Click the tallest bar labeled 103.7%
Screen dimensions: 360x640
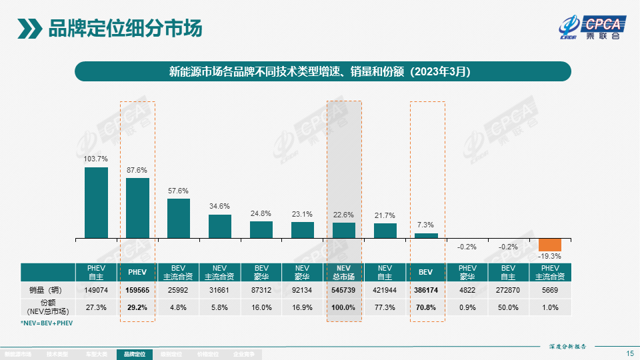pos(96,203)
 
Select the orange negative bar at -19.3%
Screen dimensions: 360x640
pos(550,245)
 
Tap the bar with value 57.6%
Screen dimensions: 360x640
pos(179,218)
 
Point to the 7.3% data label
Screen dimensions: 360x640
pos(426,225)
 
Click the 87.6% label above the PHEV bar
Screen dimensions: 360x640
pos(137,170)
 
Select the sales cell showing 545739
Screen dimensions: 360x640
pos(344,290)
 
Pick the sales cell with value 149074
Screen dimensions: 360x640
pos(96,290)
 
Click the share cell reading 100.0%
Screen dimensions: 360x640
pos(344,307)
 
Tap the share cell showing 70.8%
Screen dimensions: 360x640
pos(427,307)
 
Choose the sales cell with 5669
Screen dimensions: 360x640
pos(551,290)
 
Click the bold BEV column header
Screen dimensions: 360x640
pos(427,273)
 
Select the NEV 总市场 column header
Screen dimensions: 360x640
pos(344,272)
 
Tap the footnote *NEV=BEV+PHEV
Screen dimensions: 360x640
pos(47,323)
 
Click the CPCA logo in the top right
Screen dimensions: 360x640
pos(592,28)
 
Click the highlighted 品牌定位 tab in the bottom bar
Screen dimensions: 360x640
pos(135,355)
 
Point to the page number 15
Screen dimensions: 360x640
pos(630,353)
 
